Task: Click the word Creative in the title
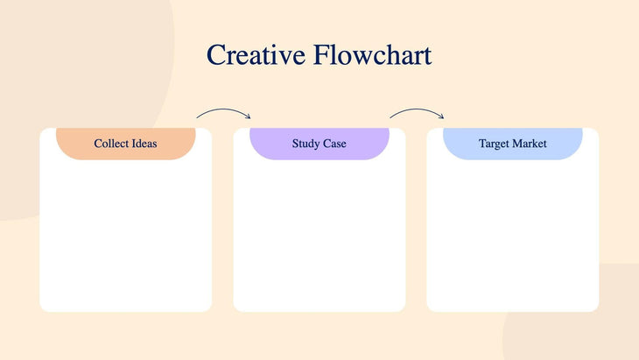pyautogui.click(x=256, y=55)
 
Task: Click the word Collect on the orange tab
pyautogui.click(x=111, y=143)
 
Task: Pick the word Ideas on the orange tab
pyautogui.click(x=144, y=143)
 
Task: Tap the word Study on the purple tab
pyautogui.click(x=306, y=143)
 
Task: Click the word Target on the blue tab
pyautogui.click(x=495, y=143)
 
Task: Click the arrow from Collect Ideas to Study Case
pyautogui.click(x=223, y=111)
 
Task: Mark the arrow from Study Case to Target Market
pyautogui.click(x=417, y=111)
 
